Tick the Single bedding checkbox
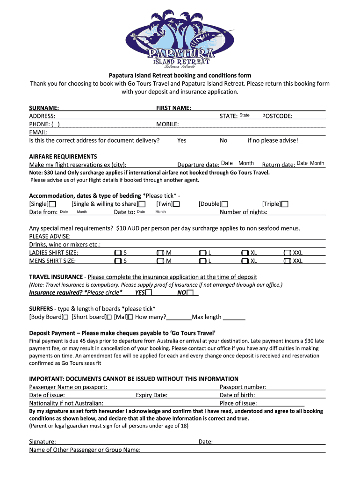click(52, 204)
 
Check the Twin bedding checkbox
click(177, 204)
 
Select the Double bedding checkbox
click(225, 204)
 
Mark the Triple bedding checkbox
click(285, 204)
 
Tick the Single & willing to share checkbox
click(142, 204)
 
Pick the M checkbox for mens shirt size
click(160, 261)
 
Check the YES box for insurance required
click(149, 293)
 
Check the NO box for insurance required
click(190, 293)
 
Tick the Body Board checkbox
click(65, 317)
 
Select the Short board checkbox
click(109, 317)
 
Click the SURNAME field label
click(44, 108)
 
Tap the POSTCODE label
click(278, 116)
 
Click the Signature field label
click(43, 442)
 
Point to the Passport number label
click(243, 387)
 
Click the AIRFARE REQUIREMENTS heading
click(63, 156)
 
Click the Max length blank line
click(234, 317)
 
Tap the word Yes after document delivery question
click(182, 140)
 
